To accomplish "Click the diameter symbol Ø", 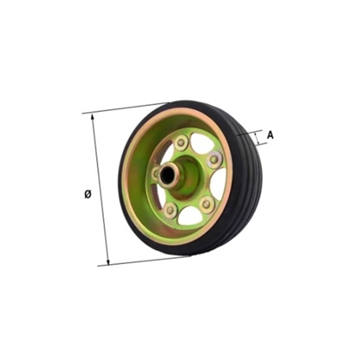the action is (88, 194).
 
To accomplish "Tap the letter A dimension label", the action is (270, 135).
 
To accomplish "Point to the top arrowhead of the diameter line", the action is (93, 116).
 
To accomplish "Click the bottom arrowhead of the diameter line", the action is (108, 262).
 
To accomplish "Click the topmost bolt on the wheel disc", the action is (181, 143).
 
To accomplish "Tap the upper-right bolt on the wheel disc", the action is (214, 159).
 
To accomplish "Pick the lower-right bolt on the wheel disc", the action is (206, 204).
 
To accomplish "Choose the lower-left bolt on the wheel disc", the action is (170, 210).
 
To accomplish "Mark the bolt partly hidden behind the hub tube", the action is (155, 173).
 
